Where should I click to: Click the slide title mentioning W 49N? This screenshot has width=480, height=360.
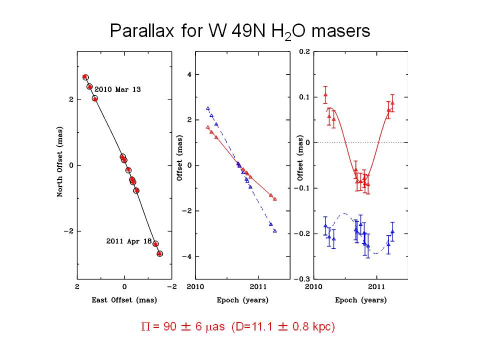coord(239,31)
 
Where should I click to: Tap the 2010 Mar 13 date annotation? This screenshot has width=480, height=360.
coord(117,89)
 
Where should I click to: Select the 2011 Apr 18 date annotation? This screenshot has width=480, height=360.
coord(128,241)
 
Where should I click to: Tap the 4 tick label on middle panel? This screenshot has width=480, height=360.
coord(183,74)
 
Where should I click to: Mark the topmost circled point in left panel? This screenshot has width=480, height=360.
coord(85,77)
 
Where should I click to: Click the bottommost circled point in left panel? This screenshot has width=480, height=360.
coord(159,254)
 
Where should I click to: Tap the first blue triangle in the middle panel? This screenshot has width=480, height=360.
coord(207,108)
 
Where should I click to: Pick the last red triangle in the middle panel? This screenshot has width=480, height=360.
coord(275,199)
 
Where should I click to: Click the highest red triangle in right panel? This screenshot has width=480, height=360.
coord(325,94)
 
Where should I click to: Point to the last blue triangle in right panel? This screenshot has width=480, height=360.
coord(392,231)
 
